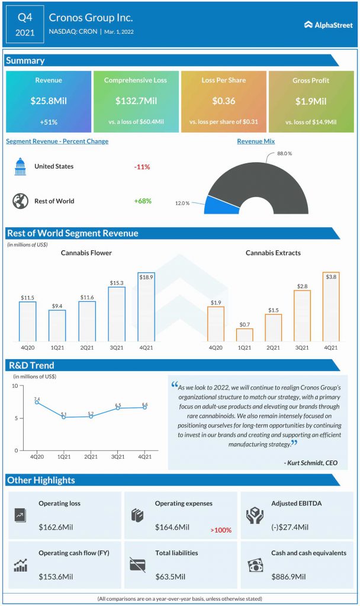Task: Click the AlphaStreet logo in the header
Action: click(328, 24)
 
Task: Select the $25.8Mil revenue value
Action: click(49, 101)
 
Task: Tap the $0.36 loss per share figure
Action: click(223, 101)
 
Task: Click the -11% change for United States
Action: click(142, 167)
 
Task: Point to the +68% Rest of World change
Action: click(142, 201)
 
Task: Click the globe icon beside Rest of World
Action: click(20, 201)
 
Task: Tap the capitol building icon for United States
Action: click(20, 167)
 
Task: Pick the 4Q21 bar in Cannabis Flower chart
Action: click(146, 307)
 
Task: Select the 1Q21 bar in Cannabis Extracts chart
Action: click(245, 335)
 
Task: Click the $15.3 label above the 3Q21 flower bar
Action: click(116, 283)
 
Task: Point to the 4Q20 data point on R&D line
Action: click(37, 402)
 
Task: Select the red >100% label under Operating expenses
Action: click(220, 530)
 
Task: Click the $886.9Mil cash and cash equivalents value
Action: click(288, 576)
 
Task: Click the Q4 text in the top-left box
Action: click(25, 17)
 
